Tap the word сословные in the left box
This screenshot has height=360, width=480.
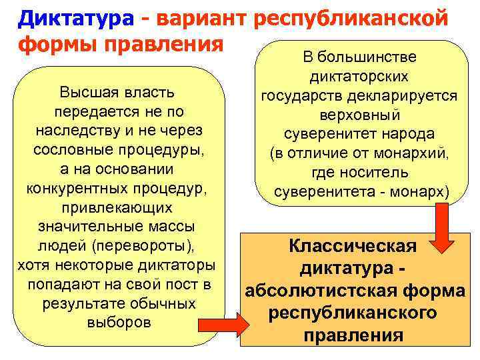(74, 149)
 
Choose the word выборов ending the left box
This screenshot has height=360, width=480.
(119, 323)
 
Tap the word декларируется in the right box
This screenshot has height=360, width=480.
(411, 96)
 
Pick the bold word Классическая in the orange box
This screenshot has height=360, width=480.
(353, 247)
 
